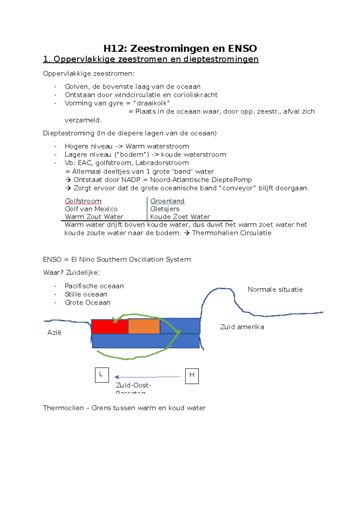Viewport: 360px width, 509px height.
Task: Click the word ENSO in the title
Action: click(x=242, y=49)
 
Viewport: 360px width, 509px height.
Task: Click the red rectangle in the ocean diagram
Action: click(x=109, y=327)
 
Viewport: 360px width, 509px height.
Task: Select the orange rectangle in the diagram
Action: click(x=144, y=326)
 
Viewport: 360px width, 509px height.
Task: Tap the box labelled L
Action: click(x=102, y=375)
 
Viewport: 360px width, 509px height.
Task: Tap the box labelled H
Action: click(x=192, y=376)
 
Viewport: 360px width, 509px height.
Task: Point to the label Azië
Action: click(x=54, y=332)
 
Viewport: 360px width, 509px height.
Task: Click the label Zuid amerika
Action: click(x=242, y=327)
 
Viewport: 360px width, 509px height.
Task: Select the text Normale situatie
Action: click(x=275, y=290)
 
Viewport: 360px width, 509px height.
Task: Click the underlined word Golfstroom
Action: click(x=83, y=201)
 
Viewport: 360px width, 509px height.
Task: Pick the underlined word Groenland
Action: click(x=167, y=201)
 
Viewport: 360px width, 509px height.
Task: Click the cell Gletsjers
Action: click(x=165, y=209)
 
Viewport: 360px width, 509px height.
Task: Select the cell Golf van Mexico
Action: click(x=91, y=209)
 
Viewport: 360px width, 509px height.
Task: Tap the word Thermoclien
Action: click(x=63, y=408)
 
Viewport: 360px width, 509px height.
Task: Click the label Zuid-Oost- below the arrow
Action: click(x=133, y=385)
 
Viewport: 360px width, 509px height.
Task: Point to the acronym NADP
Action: click(x=131, y=180)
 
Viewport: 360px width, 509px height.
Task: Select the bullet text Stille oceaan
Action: click(x=86, y=294)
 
